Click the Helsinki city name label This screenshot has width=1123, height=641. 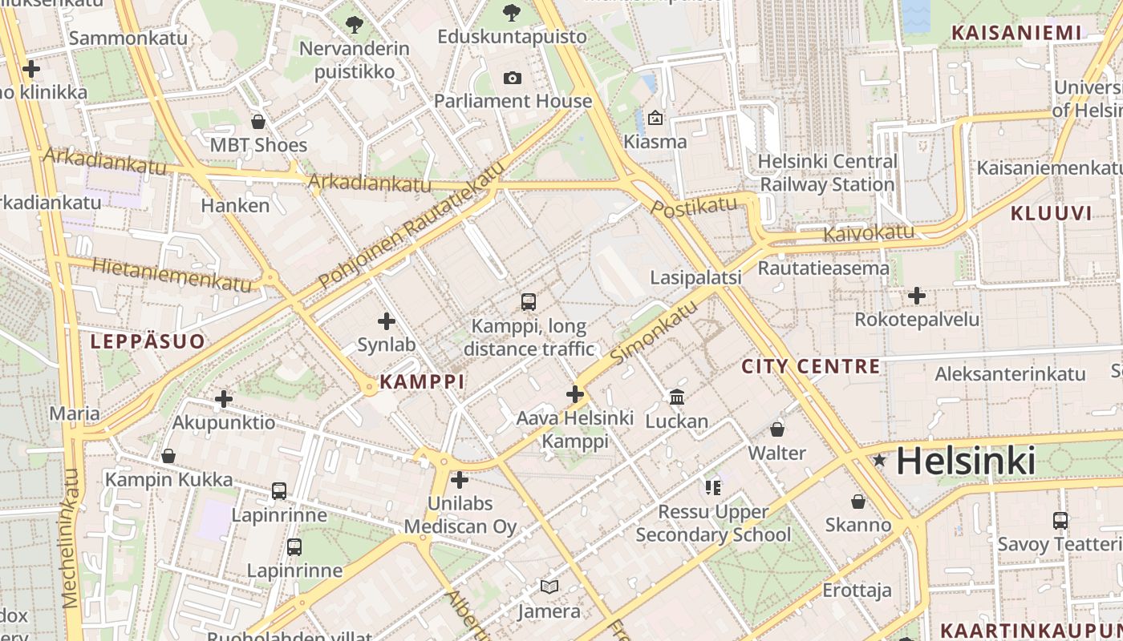pyautogui.click(x=965, y=461)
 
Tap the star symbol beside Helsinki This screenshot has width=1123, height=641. pyautogui.click(x=879, y=460)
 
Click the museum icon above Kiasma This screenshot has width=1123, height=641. pyautogui.click(x=655, y=118)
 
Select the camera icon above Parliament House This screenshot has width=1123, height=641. pyautogui.click(x=512, y=78)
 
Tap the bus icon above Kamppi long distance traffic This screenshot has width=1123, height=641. pyautogui.click(x=528, y=302)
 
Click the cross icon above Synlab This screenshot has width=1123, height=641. pyautogui.click(x=386, y=321)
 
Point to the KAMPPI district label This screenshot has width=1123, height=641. pyautogui.click(x=422, y=381)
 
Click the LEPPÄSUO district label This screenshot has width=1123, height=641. pyautogui.click(x=148, y=341)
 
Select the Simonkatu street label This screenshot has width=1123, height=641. pyautogui.click(x=654, y=333)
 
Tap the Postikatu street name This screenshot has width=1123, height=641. pyautogui.click(x=694, y=208)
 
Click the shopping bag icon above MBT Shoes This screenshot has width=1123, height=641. pyautogui.click(x=257, y=122)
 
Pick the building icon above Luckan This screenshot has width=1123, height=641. pyautogui.click(x=676, y=397)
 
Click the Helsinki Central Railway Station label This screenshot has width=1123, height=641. pyautogui.click(x=828, y=172)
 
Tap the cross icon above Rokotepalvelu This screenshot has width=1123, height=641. pyautogui.click(x=916, y=296)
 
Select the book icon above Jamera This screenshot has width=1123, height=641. pyautogui.click(x=549, y=587)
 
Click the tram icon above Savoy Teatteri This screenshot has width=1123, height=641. pyautogui.click(x=1060, y=520)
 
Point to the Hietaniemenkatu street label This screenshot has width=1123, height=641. pyautogui.click(x=172, y=274)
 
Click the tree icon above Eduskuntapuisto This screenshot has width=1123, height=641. pyautogui.click(x=511, y=13)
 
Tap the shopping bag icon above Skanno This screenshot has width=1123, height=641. pyautogui.click(x=858, y=502)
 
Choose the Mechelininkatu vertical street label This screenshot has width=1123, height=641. pyautogui.click(x=71, y=537)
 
